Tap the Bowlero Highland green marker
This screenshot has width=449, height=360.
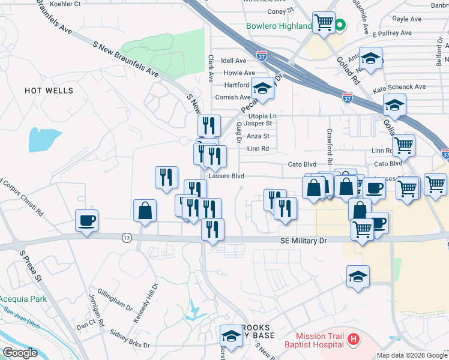pyautogui.click(x=340, y=25)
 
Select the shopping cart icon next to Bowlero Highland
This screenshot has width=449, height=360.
pyautogui.click(x=324, y=23)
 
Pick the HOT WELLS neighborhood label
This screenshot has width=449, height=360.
pyautogui.click(x=49, y=91)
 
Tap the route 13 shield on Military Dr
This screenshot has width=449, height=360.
pyautogui.click(x=127, y=238)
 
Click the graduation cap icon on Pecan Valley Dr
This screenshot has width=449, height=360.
pyautogui.click(x=262, y=89)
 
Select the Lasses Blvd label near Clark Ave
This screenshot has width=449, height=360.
pyautogui.click(x=226, y=176)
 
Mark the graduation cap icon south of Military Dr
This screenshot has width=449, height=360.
pyautogui.click(x=358, y=276)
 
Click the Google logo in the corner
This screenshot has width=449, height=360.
pyautogui.click(x=20, y=353)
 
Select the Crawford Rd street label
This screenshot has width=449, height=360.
pyautogui.click(x=330, y=147)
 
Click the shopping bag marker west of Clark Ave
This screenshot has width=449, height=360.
pyautogui.click(x=145, y=211)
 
